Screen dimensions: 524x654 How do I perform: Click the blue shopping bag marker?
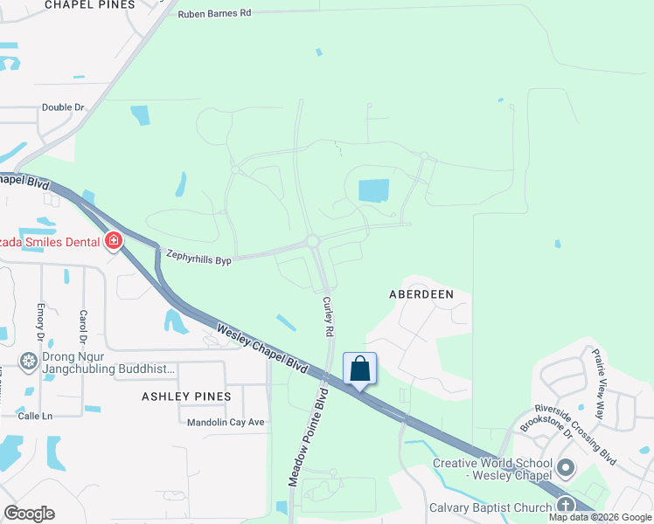click(359, 369)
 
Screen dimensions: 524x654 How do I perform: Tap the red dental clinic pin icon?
click(113, 240)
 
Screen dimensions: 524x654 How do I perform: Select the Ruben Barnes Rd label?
click(214, 14)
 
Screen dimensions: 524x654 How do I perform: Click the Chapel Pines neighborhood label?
click(91, 4)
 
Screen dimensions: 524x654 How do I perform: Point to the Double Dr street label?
click(63, 107)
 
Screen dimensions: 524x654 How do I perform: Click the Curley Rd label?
click(329, 317)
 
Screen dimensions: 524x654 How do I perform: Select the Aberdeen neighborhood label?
click(421, 294)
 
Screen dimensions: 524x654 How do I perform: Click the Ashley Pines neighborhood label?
click(186, 396)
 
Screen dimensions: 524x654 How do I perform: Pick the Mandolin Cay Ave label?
click(226, 423)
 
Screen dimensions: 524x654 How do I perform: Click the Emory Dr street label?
click(40, 321)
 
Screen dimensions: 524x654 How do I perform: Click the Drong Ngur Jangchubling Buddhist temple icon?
click(29, 362)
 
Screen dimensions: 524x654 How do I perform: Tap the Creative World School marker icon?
click(566, 469)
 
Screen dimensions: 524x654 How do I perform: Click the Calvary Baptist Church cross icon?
click(565, 507)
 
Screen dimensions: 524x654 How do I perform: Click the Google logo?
click(29, 514)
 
